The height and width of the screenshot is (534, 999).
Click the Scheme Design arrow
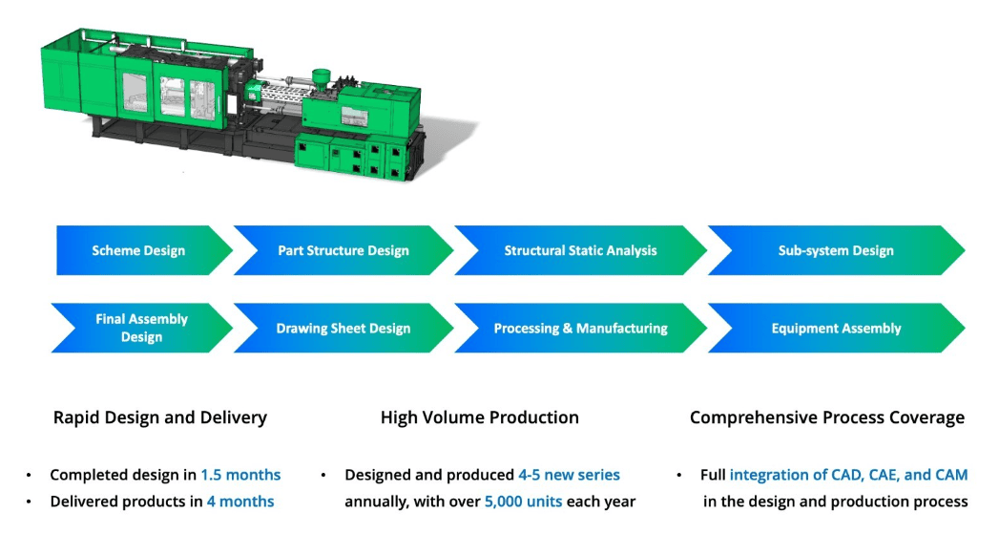pyautogui.click(x=139, y=250)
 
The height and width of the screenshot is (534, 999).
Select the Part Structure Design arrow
pyautogui.click(x=343, y=250)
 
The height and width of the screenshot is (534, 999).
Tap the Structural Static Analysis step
pyautogui.click(x=580, y=250)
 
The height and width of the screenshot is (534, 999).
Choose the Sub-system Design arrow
pyautogui.click(x=836, y=250)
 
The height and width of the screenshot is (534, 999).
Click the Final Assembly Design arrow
pyautogui.click(x=141, y=328)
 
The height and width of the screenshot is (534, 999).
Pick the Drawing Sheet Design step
pyautogui.click(x=343, y=328)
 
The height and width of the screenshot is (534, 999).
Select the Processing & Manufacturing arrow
pyautogui.click(x=580, y=328)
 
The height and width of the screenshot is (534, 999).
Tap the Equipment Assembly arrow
pyautogui.click(x=836, y=328)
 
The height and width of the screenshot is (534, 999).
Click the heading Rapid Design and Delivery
pyautogui.click(x=160, y=417)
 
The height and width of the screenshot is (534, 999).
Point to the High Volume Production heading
pyautogui.click(x=480, y=417)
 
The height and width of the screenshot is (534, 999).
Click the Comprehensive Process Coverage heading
pyautogui.click(x=827, y=417)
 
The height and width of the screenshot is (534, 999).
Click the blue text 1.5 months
pyautogui.click(x=240, y=475)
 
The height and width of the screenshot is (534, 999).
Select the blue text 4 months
pyautogui.click(x=240, y=502)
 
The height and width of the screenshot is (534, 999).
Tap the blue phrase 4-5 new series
pyautogui.click(x=569, y=475)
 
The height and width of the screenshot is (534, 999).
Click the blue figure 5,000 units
pyautogui.click(x=523, y=502)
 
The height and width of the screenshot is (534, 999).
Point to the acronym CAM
pyautogui.click(x=951, y=475)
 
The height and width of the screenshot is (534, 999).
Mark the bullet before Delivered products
pyautogui.click(x=30, y=502)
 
